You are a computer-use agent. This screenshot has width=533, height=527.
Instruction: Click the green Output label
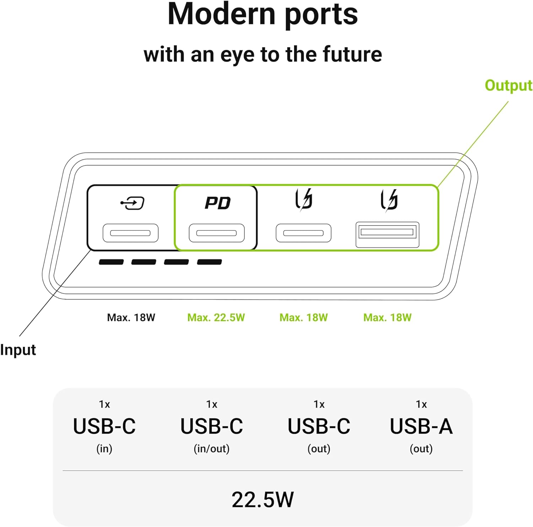tap(508, 86)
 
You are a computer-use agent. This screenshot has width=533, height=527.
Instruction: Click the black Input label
tap(18, 350)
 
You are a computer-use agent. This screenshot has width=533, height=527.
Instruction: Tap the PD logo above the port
tap(217, 203)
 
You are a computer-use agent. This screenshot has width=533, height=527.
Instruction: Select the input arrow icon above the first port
tap(132, 203)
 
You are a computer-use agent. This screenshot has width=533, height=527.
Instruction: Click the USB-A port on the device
tap(387, 234)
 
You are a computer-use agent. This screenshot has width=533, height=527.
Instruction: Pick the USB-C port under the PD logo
tap(216, 233)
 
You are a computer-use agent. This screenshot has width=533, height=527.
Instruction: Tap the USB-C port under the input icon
tap(130, 233)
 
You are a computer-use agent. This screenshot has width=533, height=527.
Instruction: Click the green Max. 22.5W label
tap(216, 317)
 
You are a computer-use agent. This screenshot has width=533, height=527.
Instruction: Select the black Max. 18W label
tap(131, 317)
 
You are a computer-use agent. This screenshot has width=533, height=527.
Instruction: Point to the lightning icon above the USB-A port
tap(389, 200)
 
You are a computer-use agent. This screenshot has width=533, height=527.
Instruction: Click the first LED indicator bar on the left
tap(111, 262)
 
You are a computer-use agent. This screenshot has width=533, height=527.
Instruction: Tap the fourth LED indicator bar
tap(210, 262)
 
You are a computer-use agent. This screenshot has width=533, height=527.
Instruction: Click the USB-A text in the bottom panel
tap(421, 426)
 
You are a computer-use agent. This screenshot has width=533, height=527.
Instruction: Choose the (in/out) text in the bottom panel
tap(211, 449)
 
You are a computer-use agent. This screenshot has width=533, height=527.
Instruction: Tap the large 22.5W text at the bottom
tap(263, 500)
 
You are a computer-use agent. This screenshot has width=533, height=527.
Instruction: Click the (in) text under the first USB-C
tap(104, 449)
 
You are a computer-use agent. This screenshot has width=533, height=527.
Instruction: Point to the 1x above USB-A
tap(421, 404)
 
